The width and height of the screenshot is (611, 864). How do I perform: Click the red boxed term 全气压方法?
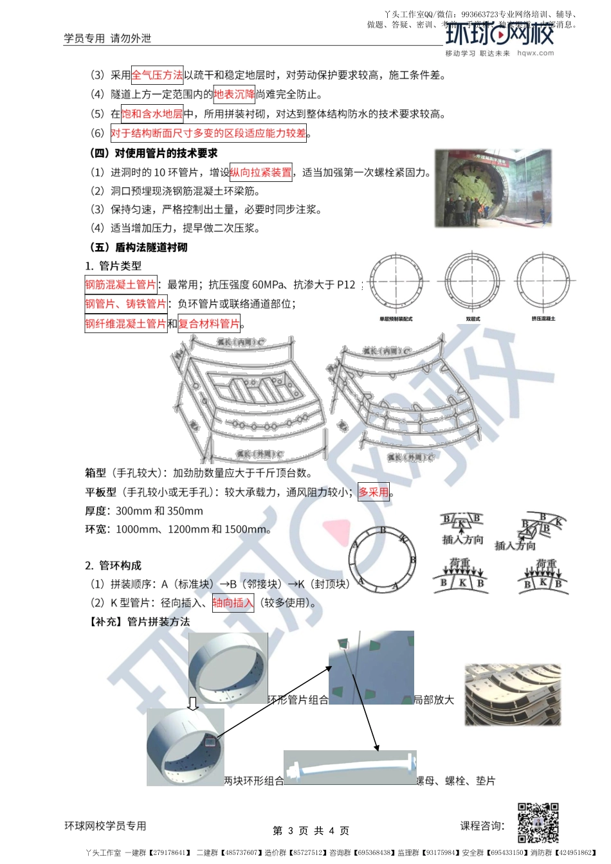(157, 75)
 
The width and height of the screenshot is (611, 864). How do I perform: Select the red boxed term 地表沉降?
(234, 94)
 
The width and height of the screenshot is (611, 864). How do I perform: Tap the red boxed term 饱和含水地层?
(152, 114)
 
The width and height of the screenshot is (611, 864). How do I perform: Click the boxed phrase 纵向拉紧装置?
(260, 172)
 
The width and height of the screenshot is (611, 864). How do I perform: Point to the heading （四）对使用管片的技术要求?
(153, 153)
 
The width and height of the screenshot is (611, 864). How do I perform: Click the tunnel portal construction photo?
(493, 188)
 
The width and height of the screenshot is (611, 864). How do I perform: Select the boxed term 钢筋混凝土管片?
(121, 284)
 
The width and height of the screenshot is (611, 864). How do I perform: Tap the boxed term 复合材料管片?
(209, 323)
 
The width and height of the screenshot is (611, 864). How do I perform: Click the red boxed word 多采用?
(374, 492)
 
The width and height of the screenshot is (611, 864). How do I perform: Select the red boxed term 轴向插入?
(233, 603)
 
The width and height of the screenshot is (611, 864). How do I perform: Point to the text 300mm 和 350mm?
(160, 511)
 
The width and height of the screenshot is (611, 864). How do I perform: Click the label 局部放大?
(434, 699)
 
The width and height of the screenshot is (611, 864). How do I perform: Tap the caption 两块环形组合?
(253, 781)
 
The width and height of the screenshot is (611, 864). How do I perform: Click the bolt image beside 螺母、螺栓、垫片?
(350, 767)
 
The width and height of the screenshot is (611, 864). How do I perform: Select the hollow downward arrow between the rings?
(192, 703)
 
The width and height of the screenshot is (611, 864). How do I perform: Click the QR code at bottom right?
(538, 822)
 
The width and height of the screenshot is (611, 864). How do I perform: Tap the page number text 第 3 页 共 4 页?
(311, 831)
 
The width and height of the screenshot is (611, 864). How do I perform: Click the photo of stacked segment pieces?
(513, 695)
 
